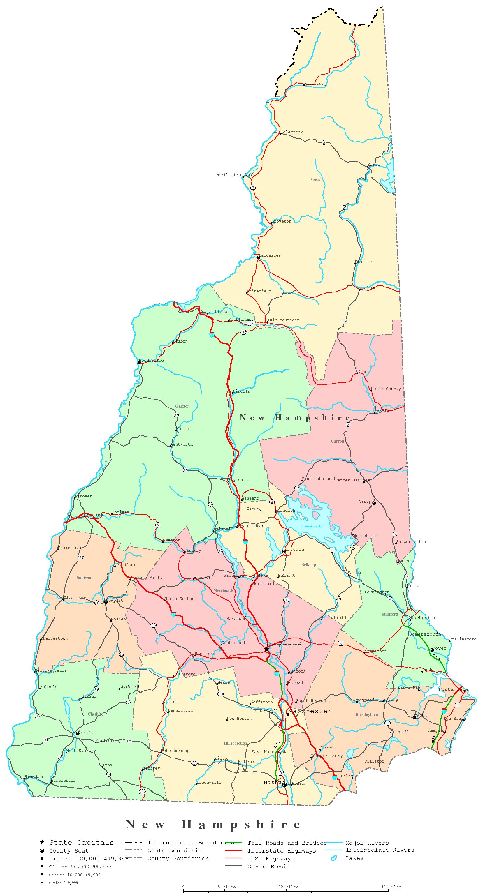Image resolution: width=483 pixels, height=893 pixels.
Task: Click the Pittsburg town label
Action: [315, 84]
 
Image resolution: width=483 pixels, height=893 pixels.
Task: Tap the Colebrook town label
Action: [291, 132]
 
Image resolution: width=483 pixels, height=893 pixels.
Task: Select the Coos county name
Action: [315, 179]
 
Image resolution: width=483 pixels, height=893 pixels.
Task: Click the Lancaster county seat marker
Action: [259, 257]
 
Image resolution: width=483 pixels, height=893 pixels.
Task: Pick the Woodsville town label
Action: [151, 361]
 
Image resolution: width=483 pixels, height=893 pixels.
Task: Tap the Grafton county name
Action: [182, 406]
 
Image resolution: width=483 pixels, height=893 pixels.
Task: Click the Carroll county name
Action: [337, 441]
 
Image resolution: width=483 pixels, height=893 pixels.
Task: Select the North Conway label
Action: [386, 389]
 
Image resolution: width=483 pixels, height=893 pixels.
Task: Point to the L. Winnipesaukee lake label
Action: [312, 527]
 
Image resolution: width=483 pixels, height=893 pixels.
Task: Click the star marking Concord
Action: [266, 649]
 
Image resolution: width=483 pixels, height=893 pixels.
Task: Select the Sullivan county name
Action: [84, 578]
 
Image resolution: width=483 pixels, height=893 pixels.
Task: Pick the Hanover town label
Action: [84, 496]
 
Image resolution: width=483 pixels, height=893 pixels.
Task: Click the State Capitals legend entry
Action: [81, 843]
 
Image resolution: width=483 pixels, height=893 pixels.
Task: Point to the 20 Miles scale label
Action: [288, 887]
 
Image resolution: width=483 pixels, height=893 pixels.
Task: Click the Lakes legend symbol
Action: [334, 858]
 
